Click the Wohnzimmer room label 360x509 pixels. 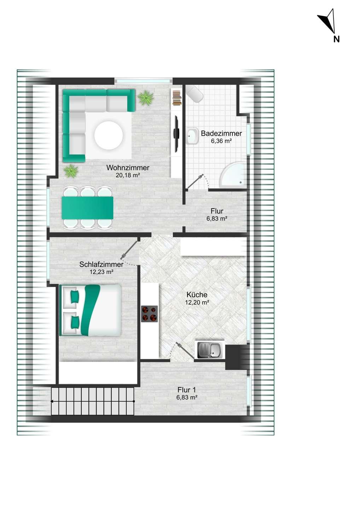point(128,168)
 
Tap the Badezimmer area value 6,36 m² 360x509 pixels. point(221,141)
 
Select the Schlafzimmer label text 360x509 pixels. point(101,264)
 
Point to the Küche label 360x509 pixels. point(197,295)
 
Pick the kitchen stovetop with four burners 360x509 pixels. point(149,314)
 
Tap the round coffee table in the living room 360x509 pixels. point(109,135)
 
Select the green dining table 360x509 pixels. point(87,208)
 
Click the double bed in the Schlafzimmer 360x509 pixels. point(90,310)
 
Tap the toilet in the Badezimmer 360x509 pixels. point(194,94)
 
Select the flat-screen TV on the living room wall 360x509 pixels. point(176,134)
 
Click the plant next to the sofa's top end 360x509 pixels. point(146,98)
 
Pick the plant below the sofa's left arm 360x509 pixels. point(71,171)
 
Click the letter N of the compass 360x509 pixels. point(336,39)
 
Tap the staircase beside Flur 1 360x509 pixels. point(93,401)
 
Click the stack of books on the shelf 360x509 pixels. point(177,98)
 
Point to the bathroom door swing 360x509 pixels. point(198,182)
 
